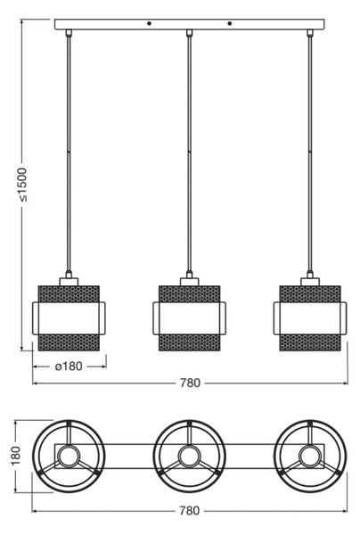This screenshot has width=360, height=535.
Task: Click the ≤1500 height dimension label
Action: tap(23, 185)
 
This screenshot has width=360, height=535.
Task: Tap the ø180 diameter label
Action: tap(69, 366)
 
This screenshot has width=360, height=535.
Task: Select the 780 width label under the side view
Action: tap(190, 383)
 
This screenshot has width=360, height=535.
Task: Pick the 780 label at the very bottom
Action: tap(189, 511)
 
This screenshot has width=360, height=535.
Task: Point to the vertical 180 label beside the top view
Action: tap(16, 456)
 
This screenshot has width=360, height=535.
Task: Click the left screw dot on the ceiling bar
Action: tap(149, 23)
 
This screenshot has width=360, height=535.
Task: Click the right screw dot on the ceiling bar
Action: tap(229, 23)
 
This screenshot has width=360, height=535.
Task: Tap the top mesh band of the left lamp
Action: tap(69, 293)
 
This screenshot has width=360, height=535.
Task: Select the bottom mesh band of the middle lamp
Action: tap(190, 342)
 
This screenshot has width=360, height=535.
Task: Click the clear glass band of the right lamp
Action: tap(310, 318)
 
